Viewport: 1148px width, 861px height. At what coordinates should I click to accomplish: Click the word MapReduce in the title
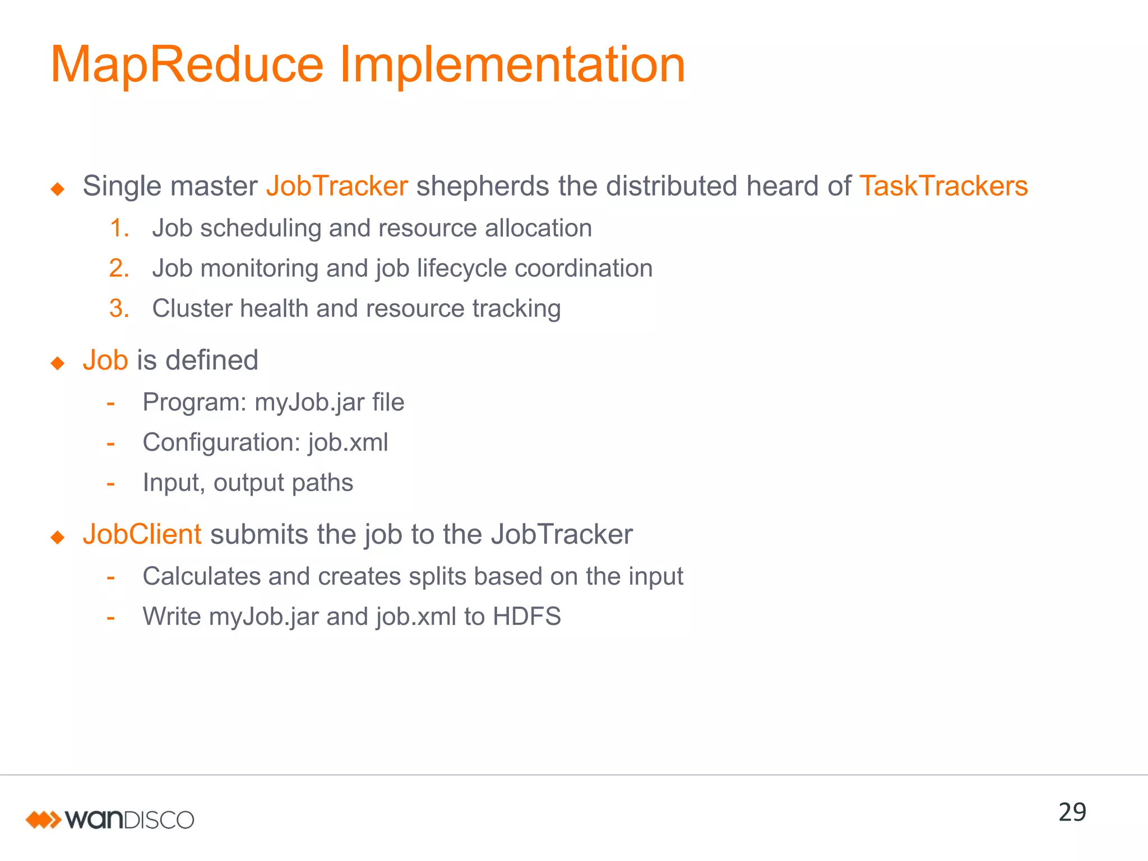coord(187,65)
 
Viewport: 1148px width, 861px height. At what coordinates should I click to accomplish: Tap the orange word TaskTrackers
coord(943,186)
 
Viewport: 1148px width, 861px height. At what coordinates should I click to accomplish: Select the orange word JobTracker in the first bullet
coord(337,186)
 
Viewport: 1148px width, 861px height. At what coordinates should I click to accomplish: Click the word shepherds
coord(482,186)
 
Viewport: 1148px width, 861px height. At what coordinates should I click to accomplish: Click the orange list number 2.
coord(119,269)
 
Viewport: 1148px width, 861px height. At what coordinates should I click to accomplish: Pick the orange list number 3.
coord(119,309)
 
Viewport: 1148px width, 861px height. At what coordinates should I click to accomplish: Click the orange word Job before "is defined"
coord(105,360)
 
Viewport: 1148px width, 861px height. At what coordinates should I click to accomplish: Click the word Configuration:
coord(221,443)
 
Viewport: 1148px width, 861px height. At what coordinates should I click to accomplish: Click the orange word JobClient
coord(142,534)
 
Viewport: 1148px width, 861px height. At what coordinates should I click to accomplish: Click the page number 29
coord(1072,812)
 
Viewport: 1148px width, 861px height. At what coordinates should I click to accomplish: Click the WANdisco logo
coord(110,820)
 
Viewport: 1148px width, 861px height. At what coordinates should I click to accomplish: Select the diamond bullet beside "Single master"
coord(57,189)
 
